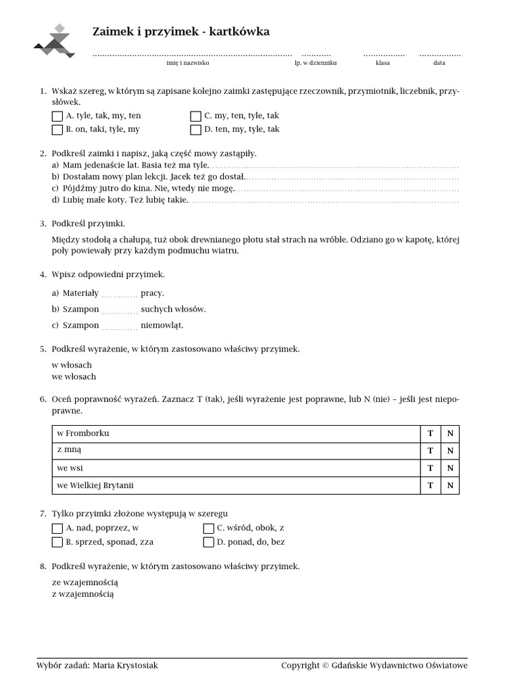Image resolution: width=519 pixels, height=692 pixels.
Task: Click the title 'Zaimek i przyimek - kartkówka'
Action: (180, 32)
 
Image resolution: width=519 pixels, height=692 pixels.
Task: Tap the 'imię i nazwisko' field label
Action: (188, 63)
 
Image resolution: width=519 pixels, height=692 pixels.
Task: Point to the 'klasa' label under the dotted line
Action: (383, 63)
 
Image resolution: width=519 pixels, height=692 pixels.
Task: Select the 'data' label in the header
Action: (439, 63)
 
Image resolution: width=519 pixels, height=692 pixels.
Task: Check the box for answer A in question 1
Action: (57, 116)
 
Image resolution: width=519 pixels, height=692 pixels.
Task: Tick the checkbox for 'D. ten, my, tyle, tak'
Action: (196, 130)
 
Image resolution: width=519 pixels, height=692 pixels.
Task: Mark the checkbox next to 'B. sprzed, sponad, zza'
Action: (57, 542)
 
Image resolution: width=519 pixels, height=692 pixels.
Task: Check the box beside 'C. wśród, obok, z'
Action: (209, 528)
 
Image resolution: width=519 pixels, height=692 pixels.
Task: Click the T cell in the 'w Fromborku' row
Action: (430, 434)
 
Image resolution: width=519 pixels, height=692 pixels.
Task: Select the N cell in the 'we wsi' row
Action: (450, 468)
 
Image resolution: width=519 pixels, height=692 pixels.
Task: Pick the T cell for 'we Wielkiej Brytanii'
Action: (430, 486)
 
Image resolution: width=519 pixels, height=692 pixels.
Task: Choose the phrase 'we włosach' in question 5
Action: (74, 377)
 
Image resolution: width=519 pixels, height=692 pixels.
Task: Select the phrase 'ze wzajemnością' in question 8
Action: (85, 582)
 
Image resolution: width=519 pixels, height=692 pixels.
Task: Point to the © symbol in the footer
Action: (326, 666)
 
